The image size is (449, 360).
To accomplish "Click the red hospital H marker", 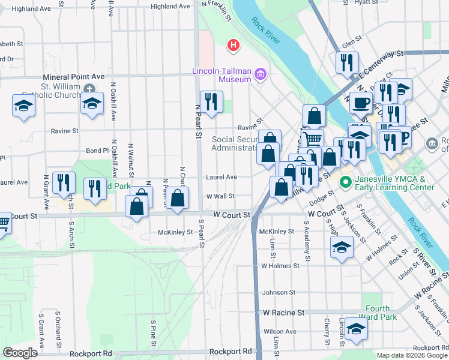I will click(232, 45).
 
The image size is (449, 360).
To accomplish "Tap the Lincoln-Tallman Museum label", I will click(221, 74).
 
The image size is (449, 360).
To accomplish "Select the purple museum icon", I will click(261, 74).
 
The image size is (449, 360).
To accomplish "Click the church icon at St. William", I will click(89, 89).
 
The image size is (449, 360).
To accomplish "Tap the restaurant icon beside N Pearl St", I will click(210, 101).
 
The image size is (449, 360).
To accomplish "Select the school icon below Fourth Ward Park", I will click(356, 329).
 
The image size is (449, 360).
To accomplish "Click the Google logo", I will click(20, 352).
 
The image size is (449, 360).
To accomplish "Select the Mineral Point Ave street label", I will click(74, 77).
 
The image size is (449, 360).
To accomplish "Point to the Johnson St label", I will click(279, 293).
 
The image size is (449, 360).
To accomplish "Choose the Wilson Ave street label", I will click(280, 331).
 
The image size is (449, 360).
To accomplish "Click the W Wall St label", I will click(220, 196).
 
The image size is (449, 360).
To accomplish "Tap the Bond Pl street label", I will click(97, 151).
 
